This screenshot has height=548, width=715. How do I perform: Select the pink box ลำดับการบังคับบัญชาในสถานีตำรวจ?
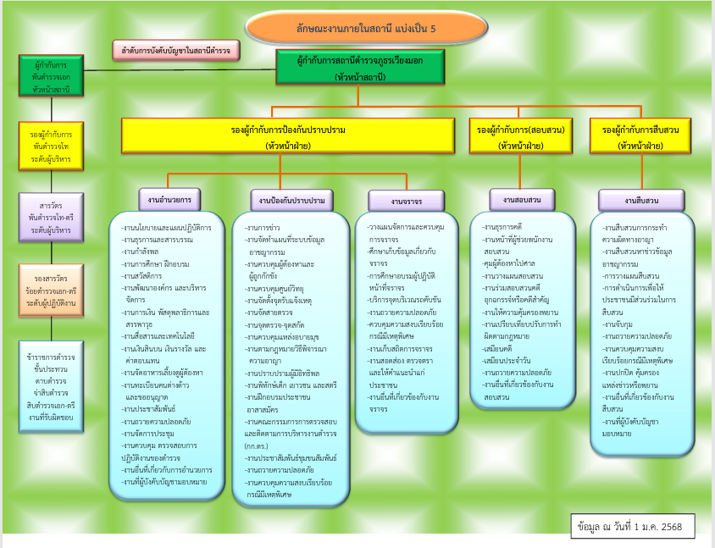[x=177, y=51]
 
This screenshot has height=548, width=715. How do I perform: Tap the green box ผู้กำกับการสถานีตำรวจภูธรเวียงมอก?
[x=360, y=67]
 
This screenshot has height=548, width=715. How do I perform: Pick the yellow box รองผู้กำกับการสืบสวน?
[x=640, y=136]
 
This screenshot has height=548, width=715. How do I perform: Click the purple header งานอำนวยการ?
[x=169, y=199]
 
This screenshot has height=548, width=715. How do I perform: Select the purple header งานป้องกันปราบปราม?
[x=289, y=201]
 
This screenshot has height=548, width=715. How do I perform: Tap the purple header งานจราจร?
[x=407, y=202]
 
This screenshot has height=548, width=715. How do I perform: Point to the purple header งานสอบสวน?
[x=522, y=199]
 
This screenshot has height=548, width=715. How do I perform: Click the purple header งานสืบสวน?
[x=640, y=201]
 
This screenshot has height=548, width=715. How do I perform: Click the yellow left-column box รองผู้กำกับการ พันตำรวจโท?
[x=51, y=146]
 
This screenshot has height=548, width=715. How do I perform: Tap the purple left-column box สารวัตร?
[x=51, y=217]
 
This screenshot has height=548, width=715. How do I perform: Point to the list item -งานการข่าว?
[x=263, y=229]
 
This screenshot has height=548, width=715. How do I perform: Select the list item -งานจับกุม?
[x=619, y=324]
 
